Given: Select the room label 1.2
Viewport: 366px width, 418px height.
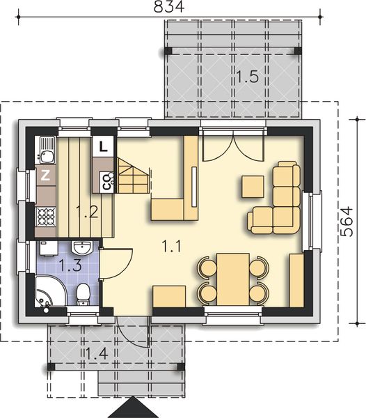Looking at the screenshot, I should pos(86,212).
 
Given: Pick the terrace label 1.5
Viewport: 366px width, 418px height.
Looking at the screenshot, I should pos(246,77).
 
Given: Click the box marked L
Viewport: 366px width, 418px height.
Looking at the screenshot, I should pos(103,146).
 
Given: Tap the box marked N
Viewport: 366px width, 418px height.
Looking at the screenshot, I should pos(45,176).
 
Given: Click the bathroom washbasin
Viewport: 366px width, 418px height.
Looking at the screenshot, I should pos(82,248).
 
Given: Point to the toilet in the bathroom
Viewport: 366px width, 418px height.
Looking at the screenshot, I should pos(83,294).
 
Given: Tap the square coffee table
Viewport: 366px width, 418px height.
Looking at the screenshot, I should pos(253,187).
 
